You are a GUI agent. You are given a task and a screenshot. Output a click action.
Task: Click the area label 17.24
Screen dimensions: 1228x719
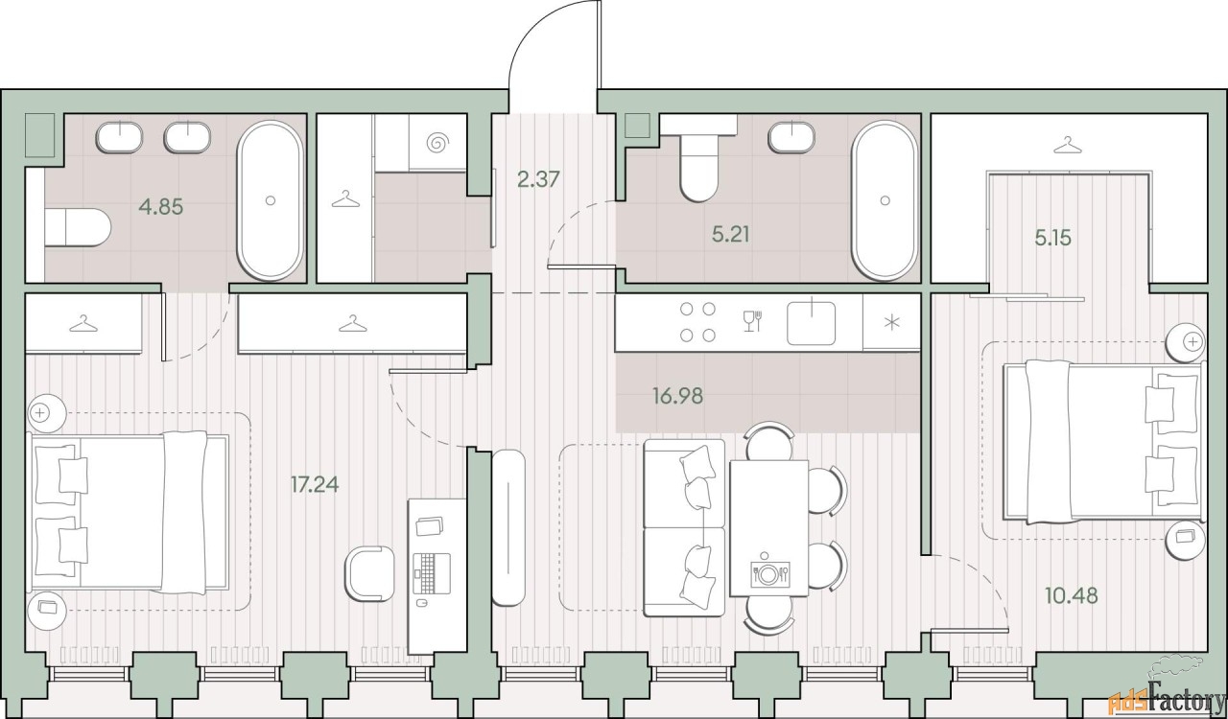tap(315, 484)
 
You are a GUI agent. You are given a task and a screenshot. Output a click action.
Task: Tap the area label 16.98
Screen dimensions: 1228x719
tap(677, 396)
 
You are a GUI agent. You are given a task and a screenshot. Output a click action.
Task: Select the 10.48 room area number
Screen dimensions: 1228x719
tap(1072, 595)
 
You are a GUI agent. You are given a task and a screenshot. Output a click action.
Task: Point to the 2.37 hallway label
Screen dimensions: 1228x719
tap(538, 179)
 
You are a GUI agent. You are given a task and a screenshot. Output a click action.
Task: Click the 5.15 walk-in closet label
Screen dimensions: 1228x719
tap(1053, 238)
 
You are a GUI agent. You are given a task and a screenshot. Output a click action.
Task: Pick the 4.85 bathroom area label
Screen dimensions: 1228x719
tap(161, 207)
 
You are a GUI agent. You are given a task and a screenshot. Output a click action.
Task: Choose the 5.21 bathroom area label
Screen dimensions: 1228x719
tap(730, 235)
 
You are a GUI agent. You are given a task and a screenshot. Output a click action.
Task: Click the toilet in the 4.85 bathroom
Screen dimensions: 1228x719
tap(77, 227)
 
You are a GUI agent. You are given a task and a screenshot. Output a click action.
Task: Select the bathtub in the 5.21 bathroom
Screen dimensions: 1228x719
tap(884, 200)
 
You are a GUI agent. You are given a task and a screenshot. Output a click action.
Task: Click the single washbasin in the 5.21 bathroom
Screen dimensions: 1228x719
tap(791, 136)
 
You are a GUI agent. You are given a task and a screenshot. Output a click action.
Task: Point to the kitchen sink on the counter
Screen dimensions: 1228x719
tap(812, 323)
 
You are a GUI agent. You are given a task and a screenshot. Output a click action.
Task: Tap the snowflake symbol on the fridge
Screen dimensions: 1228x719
tap(892, 323)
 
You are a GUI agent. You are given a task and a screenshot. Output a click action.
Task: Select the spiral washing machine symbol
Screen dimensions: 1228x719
tap(437, 143)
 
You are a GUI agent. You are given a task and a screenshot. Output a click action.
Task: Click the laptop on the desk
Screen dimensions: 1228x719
tap(432, 573)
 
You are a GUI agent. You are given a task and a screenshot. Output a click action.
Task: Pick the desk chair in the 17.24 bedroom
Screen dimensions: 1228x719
tap(368, 574)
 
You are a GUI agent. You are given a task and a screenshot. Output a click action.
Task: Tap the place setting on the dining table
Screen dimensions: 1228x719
tap(770, 573)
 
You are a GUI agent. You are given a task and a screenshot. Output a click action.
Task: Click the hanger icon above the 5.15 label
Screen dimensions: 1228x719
tap(1067, 145)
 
